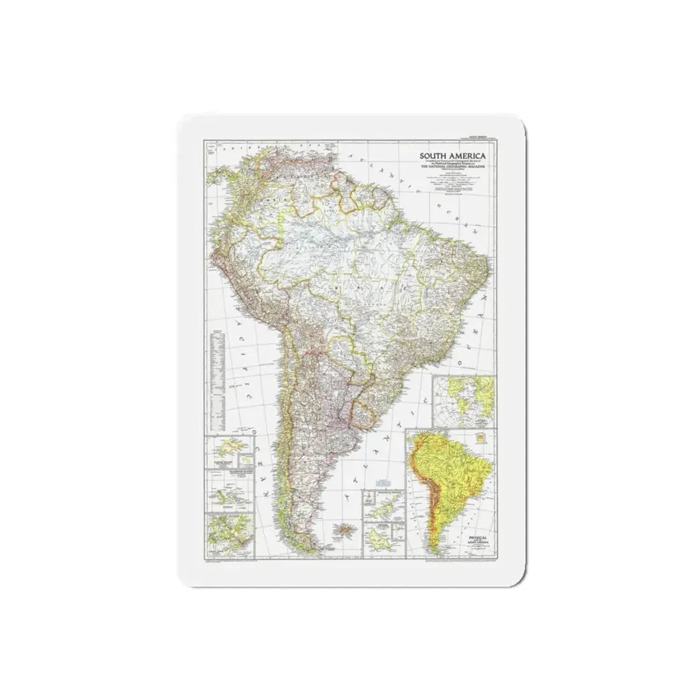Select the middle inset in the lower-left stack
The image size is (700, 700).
click(x=228, y=490)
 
